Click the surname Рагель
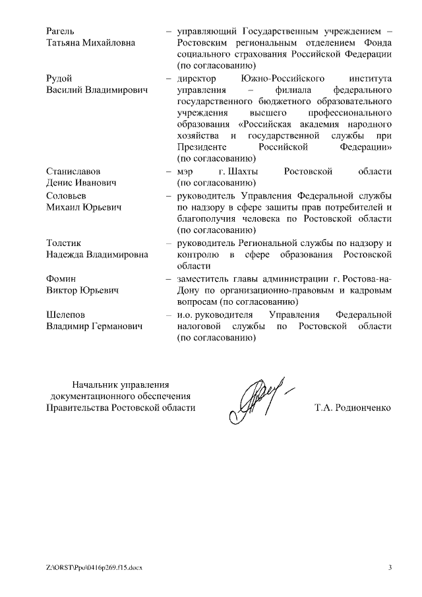60,31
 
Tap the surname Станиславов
73,172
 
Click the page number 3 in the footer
390,567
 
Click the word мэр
185,172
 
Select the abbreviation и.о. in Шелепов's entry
186,315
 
